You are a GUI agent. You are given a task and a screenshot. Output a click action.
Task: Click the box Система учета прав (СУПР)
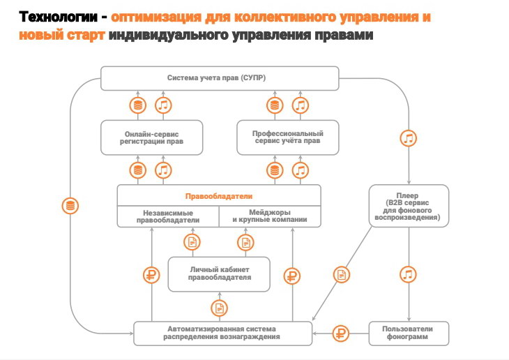tap(220, 78)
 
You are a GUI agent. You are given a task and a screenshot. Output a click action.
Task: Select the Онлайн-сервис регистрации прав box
tap(152, 137)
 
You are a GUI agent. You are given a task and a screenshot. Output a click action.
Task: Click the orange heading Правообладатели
tap(218, 196)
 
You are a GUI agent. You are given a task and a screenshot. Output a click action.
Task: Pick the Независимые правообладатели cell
tap(168, 216)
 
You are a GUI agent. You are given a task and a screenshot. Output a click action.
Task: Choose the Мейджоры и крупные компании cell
tap(270, 216)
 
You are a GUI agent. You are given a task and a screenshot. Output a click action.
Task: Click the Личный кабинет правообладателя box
tap(220, 273)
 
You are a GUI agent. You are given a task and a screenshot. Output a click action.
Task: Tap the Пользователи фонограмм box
tap(408, 333)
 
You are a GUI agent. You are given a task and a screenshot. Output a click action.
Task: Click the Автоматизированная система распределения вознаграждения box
tap(222, 333)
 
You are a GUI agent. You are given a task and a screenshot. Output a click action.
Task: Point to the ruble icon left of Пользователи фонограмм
tap(341, 333)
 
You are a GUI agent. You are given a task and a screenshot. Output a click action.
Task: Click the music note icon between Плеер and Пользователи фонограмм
tap(409, 273)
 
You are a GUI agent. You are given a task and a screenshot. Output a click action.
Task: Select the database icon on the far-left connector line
tap(69, 206)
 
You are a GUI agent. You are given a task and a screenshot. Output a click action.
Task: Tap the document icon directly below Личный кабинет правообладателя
tap(220, 307)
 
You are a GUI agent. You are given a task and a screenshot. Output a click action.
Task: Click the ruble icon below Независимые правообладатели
tap(151, 275)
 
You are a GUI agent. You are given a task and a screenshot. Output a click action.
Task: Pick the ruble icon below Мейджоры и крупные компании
tap(293, 275)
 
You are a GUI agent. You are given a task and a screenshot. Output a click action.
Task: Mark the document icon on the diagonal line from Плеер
tap(341, 274)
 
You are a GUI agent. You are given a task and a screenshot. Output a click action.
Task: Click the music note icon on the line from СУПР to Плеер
tap(409, 137)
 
